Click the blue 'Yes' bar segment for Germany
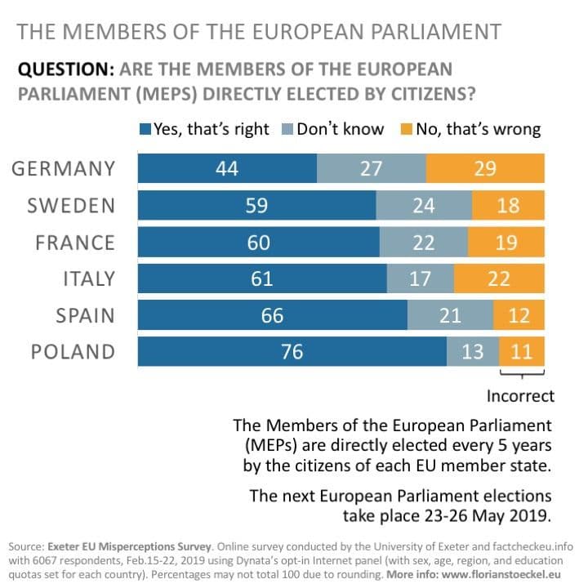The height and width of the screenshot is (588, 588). click(x=227, y=168)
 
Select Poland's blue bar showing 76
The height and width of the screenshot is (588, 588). click(x=292, y=352)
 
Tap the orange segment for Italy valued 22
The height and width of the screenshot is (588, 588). click(x=499, y=278)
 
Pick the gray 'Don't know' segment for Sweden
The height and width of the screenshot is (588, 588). click(x=423, y=205)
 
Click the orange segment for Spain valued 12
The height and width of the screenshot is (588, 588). click(x=519, y=315)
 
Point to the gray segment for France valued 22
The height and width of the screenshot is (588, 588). click(x=423, y=242)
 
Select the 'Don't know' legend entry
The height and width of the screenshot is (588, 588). click(x=333, y=129)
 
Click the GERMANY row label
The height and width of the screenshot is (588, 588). click(x=64, y=169)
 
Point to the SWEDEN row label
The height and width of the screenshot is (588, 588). click(x=71, y=206)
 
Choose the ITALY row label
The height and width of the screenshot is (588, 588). click(x=89, y=279)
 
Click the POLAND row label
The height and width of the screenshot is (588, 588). click(x=73, y=352)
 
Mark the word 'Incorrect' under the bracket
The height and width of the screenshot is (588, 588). click(x=520, y=396)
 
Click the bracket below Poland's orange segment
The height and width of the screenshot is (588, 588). click(x=522, y=376)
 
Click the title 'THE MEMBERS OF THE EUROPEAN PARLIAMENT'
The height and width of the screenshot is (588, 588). click(x=259, y=33)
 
